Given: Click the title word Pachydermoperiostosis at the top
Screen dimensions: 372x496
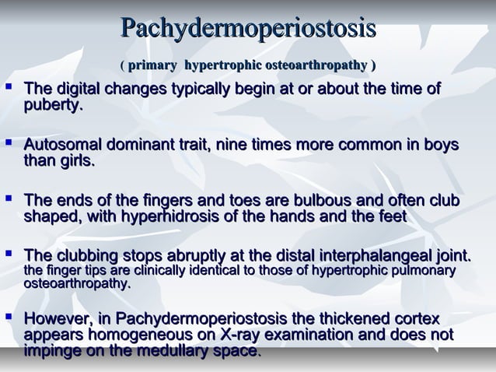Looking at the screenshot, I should click(x=249, y=30).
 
